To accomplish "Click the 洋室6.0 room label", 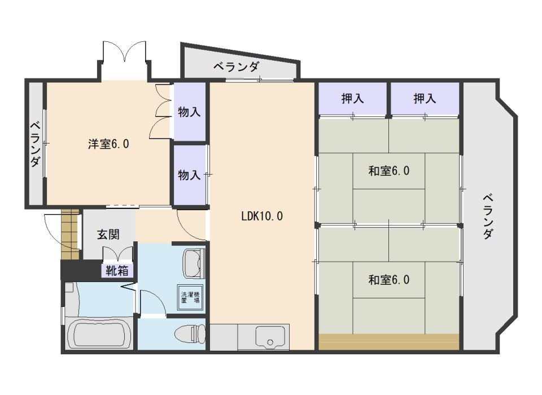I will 108,144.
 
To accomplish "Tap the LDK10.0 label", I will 261,215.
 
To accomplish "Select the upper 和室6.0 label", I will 388,171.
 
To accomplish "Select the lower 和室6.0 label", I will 388,279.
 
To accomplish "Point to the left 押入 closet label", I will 352,99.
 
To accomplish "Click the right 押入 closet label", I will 425,99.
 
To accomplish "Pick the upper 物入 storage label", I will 189,112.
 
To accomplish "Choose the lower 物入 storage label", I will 189,175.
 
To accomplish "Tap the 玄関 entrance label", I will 109,235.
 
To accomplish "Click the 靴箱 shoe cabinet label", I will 117,271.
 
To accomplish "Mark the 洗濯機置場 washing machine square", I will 190,298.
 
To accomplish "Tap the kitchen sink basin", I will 271,337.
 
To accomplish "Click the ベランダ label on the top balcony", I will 236,67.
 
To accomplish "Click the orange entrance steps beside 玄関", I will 71,228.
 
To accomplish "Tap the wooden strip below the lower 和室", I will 388,342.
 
